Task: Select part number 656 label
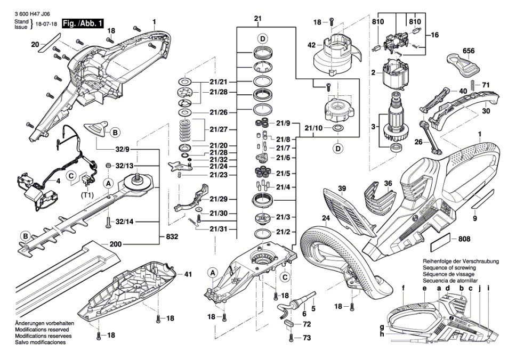[x=469, y=51]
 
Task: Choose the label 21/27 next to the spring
[x=219, y=129]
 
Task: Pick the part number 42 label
[x=311, y=46]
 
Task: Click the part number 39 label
[x=342, y=188]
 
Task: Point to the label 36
[x=388, y=183]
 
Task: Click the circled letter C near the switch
[x=70, y=175]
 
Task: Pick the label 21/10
[x=313, y=128]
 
